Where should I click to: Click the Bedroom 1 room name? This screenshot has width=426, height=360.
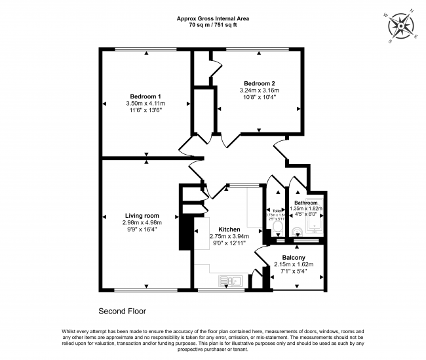pyautogui.click(x=145, y=96)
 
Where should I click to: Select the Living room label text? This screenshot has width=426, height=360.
pyautogui.click(x=142, y=216)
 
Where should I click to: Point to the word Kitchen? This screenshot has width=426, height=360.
pyautogui.click(x=229, y=230)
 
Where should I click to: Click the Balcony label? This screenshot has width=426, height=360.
pyautogui.click(x=292, y=258)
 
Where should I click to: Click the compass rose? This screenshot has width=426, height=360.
pyautogui.click(x=400, y=27)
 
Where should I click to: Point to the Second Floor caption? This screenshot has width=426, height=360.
pyautogui.click(x=122, y=311)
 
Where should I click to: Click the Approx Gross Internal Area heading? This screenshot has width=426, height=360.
pyautogui.click(x=213, y=18)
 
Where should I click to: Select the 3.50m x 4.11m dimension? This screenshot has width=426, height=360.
pyautogui.click(x=145, y=104)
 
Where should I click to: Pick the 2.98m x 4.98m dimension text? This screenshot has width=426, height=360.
pyautogui.click(x=142, y=223)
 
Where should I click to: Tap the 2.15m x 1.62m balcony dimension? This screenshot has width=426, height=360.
pyautogui.click(x=293, y=265)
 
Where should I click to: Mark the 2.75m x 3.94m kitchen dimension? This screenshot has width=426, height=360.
pyautogui.click(x=229, y=237)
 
